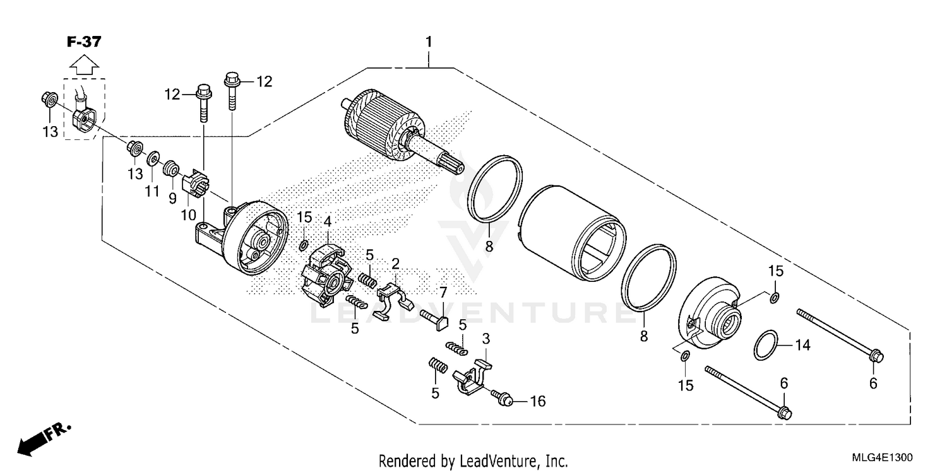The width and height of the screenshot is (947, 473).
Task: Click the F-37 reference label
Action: (83, 42)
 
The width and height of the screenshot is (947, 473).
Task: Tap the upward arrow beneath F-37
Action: (83, 64)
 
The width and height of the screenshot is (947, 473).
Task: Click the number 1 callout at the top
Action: (429, 42)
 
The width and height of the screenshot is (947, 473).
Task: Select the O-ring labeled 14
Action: (766, 346)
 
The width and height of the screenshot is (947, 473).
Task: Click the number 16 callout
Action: (537, 401)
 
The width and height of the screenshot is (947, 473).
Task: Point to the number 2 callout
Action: (396, 262)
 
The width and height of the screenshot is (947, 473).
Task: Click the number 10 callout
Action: (188, 214)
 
